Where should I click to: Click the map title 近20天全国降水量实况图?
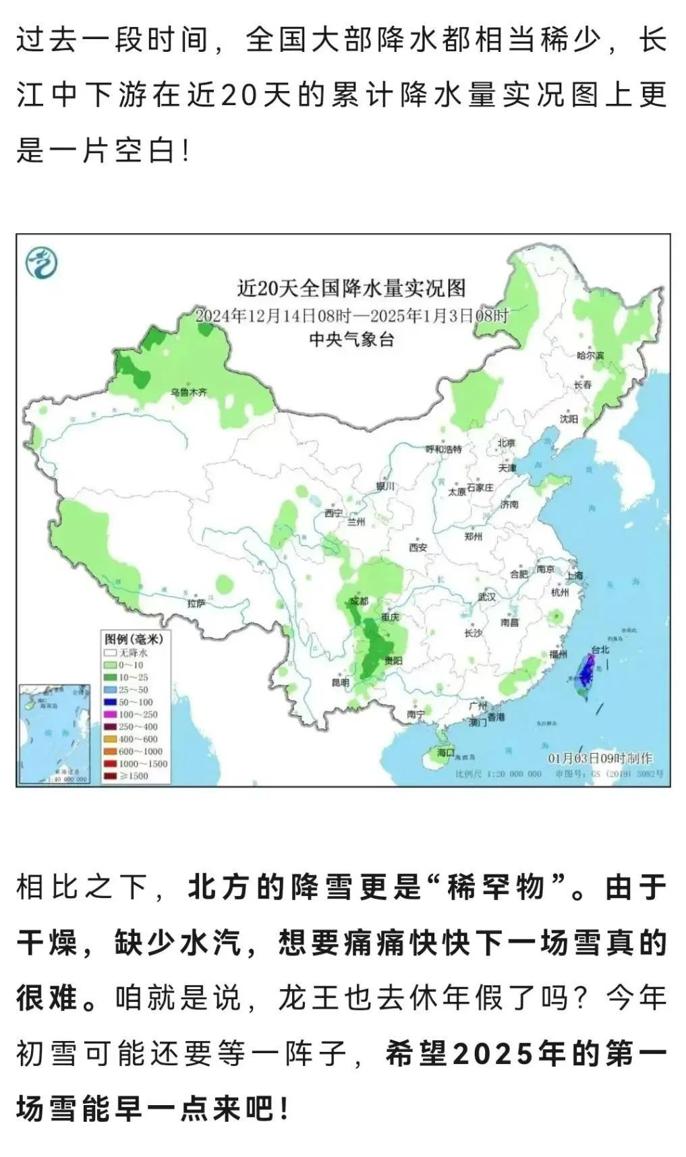coord(351,289)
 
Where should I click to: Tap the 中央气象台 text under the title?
coord(351,339)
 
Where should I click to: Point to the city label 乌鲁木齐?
coord(188,392)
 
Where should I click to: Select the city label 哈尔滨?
coord(590,355)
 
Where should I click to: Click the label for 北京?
coord(506,443)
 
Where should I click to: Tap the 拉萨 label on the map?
coord(196,603)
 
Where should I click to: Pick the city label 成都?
coord(359,601)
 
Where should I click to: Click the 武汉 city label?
coord(486,597)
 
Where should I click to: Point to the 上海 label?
coord(574,576)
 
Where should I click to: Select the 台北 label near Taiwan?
coord(600,649)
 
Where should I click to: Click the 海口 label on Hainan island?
coord(446,752)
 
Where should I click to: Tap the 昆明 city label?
coord(341,682)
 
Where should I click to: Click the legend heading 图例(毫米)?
coord(134,639)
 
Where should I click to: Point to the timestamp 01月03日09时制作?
coord(600,759)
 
